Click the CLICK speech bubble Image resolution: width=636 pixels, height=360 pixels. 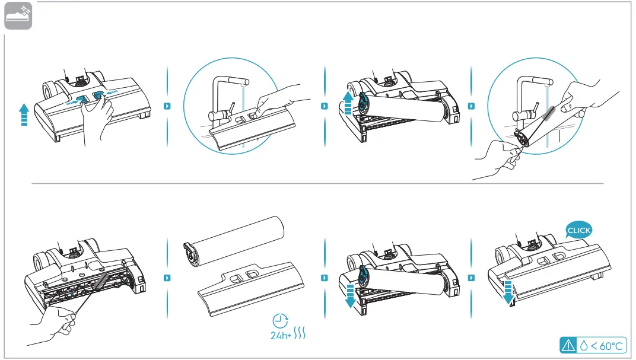pos(579,230)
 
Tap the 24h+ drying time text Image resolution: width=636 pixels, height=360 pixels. pos(281,335)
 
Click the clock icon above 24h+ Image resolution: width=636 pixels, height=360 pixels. pos(280,321)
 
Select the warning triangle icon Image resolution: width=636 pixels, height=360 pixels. pos(568,345)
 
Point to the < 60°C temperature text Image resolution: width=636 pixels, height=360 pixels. pos(606,346)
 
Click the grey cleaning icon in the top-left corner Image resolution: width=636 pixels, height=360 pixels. pos(18,16)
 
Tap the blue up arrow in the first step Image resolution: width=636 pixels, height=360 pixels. pos(24,114)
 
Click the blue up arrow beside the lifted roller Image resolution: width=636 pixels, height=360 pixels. pos(348,103)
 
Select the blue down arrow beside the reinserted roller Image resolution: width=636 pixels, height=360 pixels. pos(349,296)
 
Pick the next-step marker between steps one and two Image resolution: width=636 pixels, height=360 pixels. pos(167,106)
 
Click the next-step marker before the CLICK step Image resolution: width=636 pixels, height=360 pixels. pos(471,278)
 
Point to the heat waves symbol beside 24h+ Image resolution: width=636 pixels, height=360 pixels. pos(300,333)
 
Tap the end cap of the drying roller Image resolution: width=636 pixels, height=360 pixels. pos(192,254)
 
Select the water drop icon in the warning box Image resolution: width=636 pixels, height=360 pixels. pos(584,346)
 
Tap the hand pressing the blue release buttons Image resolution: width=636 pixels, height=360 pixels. pos(96,120)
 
